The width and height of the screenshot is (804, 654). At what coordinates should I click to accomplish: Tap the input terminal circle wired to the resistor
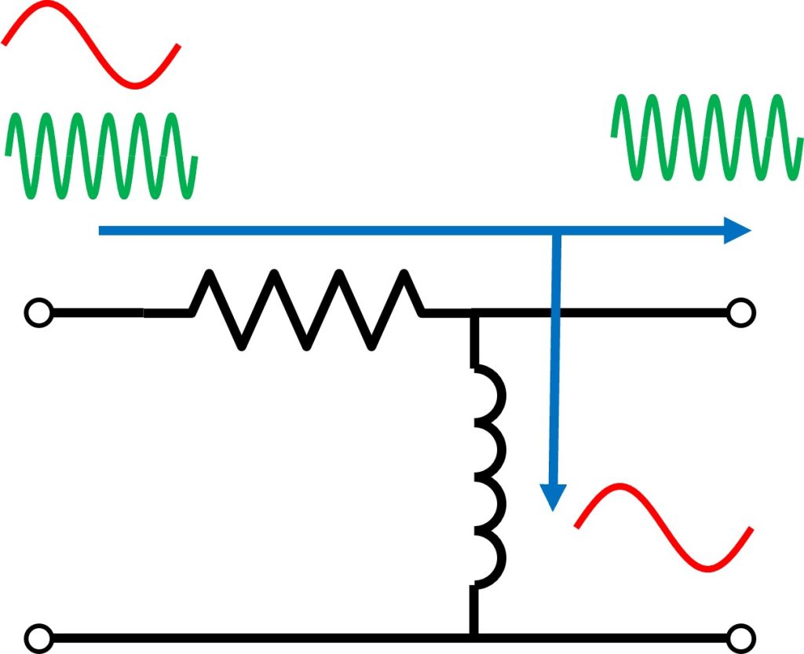38,312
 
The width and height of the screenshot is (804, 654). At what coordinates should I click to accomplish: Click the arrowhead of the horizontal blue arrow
738,230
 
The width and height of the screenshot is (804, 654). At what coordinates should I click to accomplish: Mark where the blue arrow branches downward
556,231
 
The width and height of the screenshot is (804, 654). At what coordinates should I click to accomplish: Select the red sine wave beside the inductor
663,526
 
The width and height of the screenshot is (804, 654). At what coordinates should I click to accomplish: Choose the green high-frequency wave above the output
707,137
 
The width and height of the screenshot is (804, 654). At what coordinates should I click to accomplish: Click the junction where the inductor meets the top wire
474,313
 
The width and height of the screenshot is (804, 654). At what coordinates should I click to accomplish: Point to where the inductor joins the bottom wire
474,634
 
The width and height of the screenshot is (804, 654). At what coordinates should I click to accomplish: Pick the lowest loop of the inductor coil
493,561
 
